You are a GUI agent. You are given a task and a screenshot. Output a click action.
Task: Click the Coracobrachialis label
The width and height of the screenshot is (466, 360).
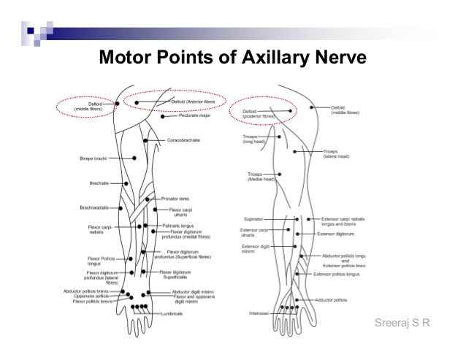[x=183, y=139]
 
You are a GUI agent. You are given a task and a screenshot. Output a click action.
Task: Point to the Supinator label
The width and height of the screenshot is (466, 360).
[x=252, y=219]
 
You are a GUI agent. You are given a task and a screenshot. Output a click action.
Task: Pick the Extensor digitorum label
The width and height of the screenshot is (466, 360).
[x=335, y=234]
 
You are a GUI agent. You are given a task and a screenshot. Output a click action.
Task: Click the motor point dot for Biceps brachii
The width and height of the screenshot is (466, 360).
[x=134, y=158]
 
